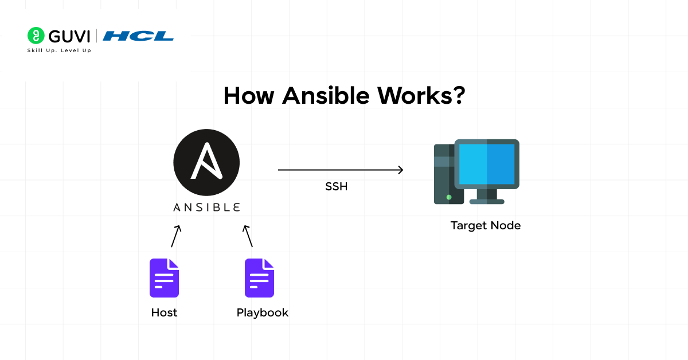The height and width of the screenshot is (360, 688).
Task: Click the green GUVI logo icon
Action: [36, 36]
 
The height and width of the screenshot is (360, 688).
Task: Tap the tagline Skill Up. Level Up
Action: [59, 50]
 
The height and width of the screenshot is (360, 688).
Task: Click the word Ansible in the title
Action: [326, 95]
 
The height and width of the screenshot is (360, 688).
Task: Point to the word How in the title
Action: [248, 95]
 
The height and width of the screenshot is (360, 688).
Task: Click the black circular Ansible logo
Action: [206, 162]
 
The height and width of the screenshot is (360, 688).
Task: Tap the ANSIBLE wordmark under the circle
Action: [206, 207]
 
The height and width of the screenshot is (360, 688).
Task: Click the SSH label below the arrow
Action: [336, 187]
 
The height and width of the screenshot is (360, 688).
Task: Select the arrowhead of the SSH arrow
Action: [400, 170]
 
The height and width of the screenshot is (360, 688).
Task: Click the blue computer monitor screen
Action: [487, 163]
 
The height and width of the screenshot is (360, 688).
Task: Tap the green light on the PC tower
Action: [449, 197]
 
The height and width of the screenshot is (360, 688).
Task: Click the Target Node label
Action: [485, 225]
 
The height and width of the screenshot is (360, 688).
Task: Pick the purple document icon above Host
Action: [164, 278]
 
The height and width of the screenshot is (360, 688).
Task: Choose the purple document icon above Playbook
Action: [259, 278]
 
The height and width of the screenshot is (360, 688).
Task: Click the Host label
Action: [164, 313]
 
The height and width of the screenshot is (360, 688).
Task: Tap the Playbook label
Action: [262, 313]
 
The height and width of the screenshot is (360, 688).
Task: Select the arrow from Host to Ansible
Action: [176, 236]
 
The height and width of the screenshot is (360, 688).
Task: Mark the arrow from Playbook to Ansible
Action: [248, 236]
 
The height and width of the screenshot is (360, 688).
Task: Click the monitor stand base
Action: [487, 201]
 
